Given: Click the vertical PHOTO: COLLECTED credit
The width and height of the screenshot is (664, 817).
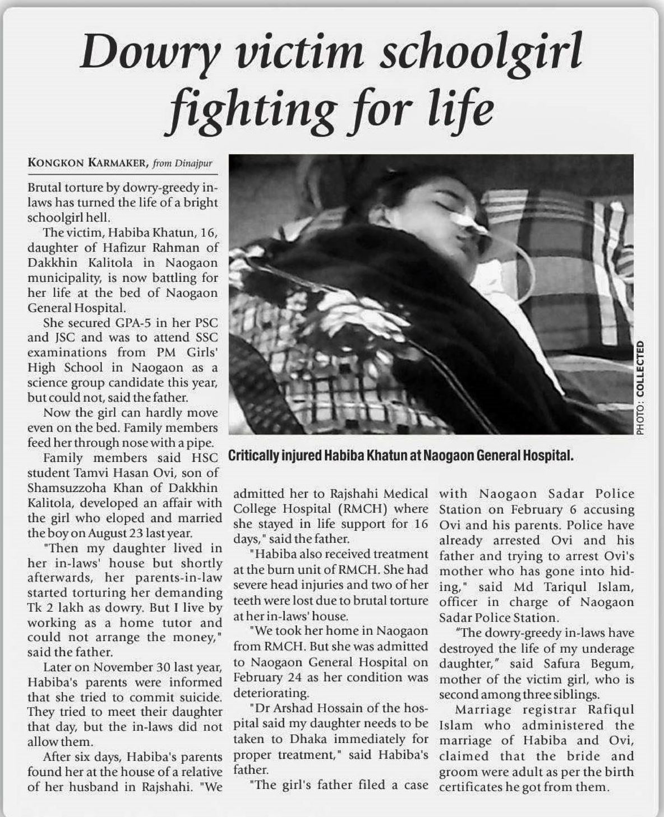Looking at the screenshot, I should [640, 387].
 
